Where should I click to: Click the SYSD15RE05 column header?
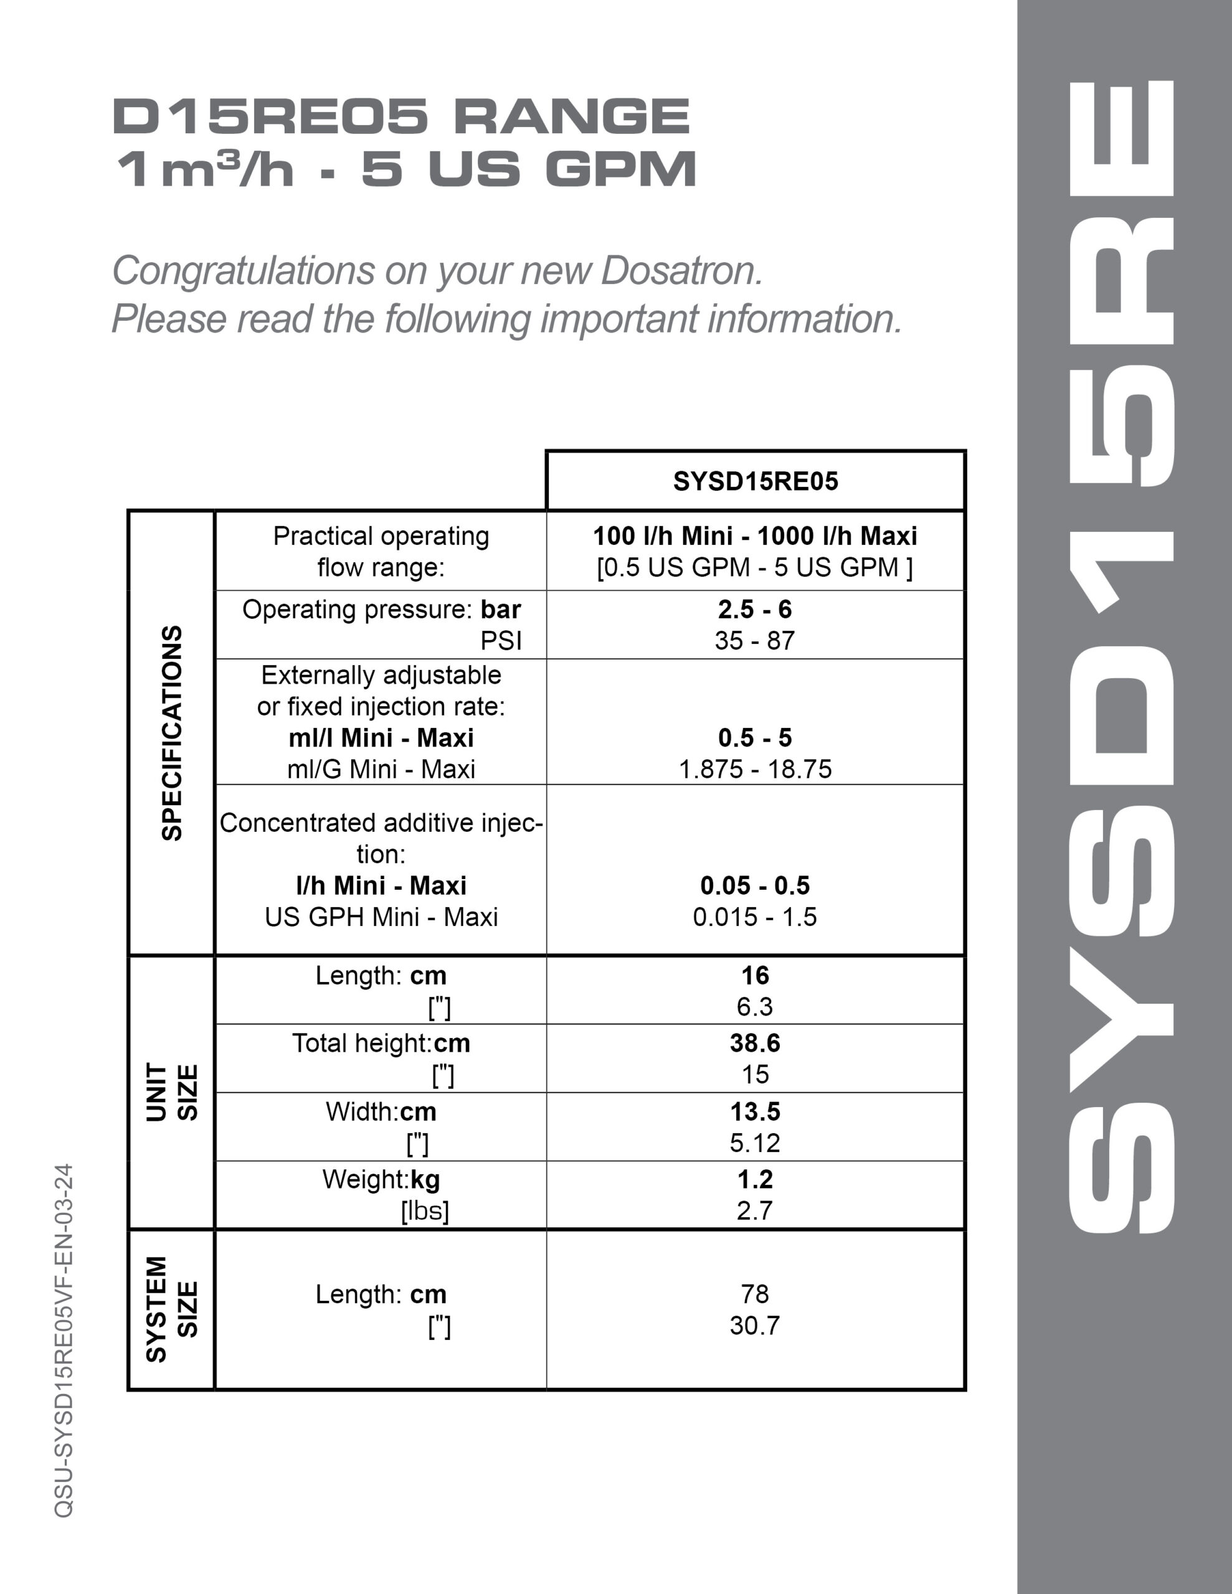[755, 482]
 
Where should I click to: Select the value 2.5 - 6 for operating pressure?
[754, 610]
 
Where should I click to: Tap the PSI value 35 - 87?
[754, 641]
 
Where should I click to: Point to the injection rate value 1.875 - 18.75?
[754, 769]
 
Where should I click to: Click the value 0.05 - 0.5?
[754, 885]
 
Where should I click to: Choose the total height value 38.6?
[754, 1043]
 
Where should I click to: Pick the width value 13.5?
[754, 1111]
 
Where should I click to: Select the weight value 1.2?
[754, 1179]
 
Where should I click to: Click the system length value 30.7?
[754, 1326]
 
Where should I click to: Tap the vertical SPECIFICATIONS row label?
[172, 733]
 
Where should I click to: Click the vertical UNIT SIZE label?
[172, 1092]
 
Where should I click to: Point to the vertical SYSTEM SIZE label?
[172, 1309]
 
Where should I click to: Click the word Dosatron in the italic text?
[682, 271]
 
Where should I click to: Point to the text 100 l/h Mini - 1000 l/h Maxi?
[754, 537]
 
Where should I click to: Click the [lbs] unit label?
[424, 1211]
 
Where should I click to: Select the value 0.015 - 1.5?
[754, 917]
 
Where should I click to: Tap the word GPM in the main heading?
[621, 169]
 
